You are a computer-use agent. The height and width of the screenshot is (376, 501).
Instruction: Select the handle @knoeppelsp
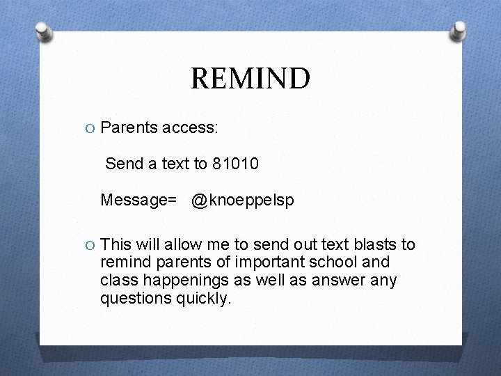click(x=243, y=201)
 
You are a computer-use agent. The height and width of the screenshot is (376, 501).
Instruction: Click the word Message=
click(x=138, y=201)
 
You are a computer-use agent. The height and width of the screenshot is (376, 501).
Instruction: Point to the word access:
click(x=190, y=128)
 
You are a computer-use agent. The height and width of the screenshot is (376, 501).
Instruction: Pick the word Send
click(x=123, y=164)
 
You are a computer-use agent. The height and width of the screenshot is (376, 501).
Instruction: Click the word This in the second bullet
click(x=116, y=244)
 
